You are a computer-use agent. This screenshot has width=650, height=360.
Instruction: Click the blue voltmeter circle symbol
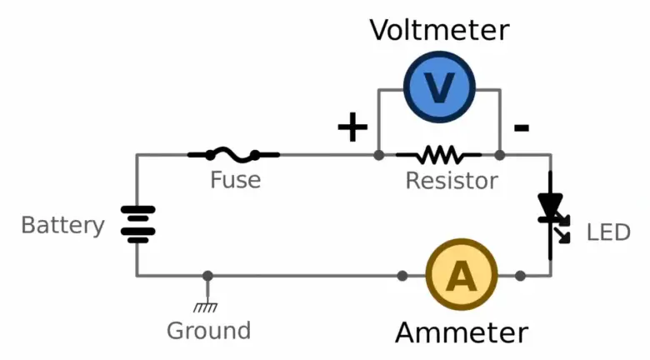(439, 86)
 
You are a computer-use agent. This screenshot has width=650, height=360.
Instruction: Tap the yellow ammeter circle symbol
(461, 276)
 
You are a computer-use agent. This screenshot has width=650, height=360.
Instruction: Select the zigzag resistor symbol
(438, 155)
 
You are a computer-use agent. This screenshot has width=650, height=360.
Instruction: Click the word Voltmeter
(439, 31)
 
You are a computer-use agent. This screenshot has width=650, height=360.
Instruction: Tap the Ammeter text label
(461, 332)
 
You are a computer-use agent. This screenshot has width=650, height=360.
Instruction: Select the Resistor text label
(451, 180)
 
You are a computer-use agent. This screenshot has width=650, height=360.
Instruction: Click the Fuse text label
(235, 179)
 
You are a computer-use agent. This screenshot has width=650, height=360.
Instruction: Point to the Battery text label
(62, 225)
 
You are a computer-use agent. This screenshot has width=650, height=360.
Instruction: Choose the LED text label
(608, 232)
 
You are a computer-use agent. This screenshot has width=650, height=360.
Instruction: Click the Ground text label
(208, 330)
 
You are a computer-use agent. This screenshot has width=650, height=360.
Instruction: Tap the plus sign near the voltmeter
(352, 127)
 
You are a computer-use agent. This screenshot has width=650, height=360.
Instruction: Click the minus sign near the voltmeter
(521, 127)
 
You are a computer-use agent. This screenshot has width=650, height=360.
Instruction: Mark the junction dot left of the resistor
(378, 155)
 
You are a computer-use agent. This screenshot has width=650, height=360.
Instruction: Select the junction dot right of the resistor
(499, 155)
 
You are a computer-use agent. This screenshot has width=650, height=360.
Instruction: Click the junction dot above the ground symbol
(207, 276)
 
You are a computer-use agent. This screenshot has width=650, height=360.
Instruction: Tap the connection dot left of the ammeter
(402, 276)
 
